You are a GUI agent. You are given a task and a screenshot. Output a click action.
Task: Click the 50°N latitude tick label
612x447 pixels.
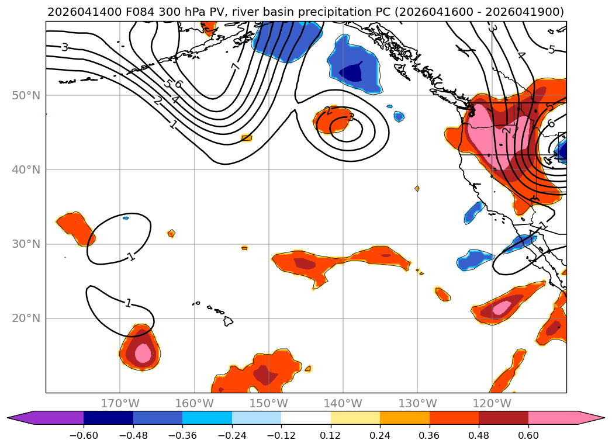pos(26,96)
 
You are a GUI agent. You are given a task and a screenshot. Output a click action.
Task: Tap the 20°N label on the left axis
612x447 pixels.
pos(26,318)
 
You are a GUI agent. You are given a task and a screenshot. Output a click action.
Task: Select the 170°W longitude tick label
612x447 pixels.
pos(120,403)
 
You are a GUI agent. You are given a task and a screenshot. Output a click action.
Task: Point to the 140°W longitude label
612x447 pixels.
pos(343,403)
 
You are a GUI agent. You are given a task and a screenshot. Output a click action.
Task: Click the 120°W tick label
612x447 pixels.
pos(492,403)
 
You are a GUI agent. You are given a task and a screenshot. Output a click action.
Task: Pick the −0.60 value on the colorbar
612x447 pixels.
pos(84,436)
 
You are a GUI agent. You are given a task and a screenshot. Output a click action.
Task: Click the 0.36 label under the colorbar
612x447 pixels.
pos(430,436)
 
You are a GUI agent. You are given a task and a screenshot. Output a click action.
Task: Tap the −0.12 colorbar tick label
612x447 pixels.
pos(281,436)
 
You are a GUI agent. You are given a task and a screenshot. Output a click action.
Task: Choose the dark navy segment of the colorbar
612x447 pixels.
pos(108,418)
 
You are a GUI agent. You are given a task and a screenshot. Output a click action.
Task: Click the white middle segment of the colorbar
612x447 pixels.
pos(306,418)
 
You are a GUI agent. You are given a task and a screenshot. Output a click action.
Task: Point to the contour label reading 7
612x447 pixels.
pos(235,67)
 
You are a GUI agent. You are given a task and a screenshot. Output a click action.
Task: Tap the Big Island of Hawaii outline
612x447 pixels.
pos(227,321)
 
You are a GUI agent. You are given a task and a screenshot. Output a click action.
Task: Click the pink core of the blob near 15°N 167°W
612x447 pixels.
pos(143,353)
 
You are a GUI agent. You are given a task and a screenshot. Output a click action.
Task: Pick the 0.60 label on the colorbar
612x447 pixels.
pos(528,436)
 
